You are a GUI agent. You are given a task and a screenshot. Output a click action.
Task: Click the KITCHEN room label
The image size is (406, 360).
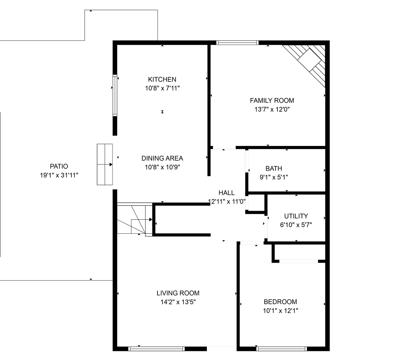click(x=162, y=79)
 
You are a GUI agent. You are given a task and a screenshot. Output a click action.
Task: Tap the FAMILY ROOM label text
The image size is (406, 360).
click(x=272, y=100)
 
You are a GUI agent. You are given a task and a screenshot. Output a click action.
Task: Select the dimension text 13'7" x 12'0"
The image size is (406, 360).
click(x=272, y=109)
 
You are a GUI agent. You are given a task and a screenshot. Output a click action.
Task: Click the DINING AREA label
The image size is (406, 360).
click(x=162, y=158)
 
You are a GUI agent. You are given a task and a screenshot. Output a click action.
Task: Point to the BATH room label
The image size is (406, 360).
click(x=274, y=168)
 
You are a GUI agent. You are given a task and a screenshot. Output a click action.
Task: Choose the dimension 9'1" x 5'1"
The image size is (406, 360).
click(x=274, y=177)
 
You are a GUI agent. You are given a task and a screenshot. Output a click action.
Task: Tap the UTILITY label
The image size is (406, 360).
click(x=296, y=216)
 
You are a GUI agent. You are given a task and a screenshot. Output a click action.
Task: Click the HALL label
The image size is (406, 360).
click(x=227, y=193)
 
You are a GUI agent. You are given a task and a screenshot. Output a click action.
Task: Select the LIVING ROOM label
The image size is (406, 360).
click(x=178, y=293)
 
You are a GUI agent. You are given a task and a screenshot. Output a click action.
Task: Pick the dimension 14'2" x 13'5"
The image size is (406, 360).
click(x=178, y=302)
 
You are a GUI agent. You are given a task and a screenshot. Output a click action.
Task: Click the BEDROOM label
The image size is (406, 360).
click(x=280, y=302)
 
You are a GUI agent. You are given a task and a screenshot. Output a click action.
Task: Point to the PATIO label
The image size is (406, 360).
click(x=59, y=166)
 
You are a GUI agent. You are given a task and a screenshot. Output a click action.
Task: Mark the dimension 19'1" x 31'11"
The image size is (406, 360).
click(x=59, y=175)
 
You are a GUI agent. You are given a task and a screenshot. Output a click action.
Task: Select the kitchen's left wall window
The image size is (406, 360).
click(x=115, y=95)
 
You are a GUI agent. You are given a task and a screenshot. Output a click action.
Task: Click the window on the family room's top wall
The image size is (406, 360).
click(x=237, y=43)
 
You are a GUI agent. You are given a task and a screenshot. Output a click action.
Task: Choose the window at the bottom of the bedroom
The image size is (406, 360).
click(x=282, y=349)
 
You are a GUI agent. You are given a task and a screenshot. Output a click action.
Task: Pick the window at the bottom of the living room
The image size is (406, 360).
click(x=156, y=349)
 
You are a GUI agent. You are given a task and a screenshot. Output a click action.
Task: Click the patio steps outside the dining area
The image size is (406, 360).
click(x=105, y=164)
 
